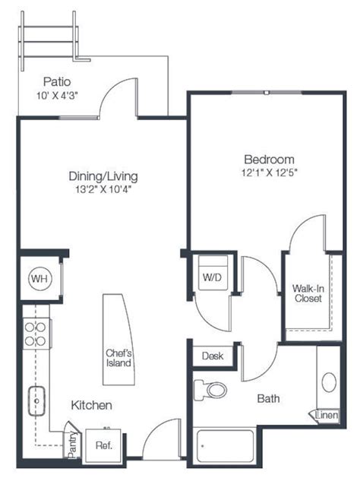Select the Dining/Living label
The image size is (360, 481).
coord(103,176)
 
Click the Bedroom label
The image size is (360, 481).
coord(268,160)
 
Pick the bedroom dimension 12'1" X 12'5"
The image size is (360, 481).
coord(268,173)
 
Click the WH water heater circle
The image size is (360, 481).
coord(38,279)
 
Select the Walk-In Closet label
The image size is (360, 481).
coord(307,293)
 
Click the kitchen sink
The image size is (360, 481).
coord(36,400)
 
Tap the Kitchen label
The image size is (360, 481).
coord(92,406)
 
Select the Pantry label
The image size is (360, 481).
coord(72,444)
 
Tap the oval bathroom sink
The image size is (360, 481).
coord(329,382)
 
